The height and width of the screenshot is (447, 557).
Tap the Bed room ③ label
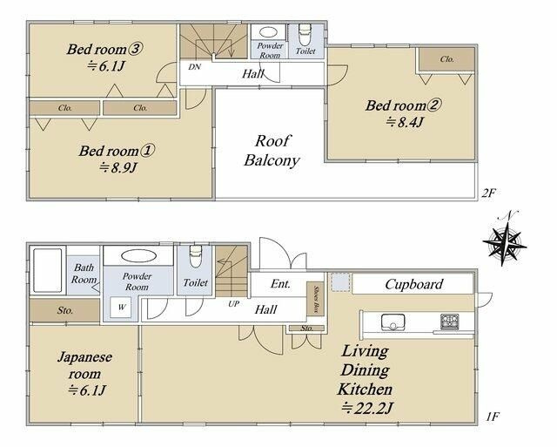pyautogui.click(x=104, y=49)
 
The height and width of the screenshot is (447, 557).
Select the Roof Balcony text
pyautogui.click(x=272, y=151)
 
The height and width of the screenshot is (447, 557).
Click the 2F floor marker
pyautogui.click(x=488, y=193)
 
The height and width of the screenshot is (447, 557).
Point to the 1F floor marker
pyautogui.click(x=493, y=417)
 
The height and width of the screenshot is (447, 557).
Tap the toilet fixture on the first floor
pyautogui.click(x=195, y=256)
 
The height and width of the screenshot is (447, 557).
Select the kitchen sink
pyautogui.click(x=393, y=322)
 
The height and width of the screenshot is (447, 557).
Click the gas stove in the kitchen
pyautogui.click(x=450, y=322)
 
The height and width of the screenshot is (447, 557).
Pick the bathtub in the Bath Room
pyautogui.click(x=48, y=270)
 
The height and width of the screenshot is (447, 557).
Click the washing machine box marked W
pyautogui.click(x=121, y=308)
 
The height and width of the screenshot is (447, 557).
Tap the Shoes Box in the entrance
pyautogui.click(x=315, y=299)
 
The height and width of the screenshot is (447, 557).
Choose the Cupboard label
pyautogui.click(x=414, y=284)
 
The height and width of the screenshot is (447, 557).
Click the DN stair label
pyautogui.click(x=194, y=67)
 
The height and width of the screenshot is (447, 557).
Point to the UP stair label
pyautogui.click(x=233, y=304)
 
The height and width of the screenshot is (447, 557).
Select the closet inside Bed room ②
pyautogui.click(x=446, y=59)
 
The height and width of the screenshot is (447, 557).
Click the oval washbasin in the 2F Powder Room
pyautogui.click(x=269, y=32)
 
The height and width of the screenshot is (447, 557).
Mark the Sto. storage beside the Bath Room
pyautogui.click(x=64, y=310)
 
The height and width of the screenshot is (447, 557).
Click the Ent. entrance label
pyautogui.click(x=280, y=284)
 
